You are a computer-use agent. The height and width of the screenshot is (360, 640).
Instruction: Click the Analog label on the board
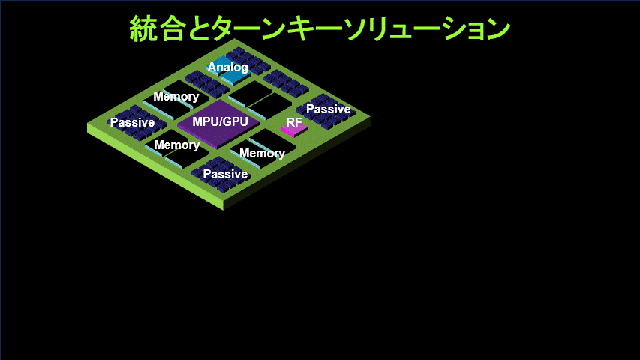coord(227,67)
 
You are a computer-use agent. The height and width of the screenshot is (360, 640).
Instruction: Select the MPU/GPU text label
coord(220,121)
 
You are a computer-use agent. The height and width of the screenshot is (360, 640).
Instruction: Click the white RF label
coord(294,122)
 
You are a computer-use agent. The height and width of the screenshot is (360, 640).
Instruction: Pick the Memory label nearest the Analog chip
coord(176,97)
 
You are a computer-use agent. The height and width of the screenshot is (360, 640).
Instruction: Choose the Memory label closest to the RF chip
coord(262,154)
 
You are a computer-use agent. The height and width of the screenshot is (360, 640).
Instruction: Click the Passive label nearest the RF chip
coord(328,109)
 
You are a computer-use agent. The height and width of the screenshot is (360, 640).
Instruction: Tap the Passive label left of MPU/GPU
coord(132,122)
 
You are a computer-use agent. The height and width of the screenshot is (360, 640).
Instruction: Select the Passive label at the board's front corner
coord(225,174)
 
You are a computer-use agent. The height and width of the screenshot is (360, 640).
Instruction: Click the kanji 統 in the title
coord(143,28)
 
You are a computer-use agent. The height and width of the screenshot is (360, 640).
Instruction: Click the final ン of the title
coord(497,29)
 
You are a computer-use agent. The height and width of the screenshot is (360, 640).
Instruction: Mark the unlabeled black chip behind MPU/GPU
coord(260,100)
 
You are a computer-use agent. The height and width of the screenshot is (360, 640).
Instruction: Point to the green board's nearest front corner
coord(224,209)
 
